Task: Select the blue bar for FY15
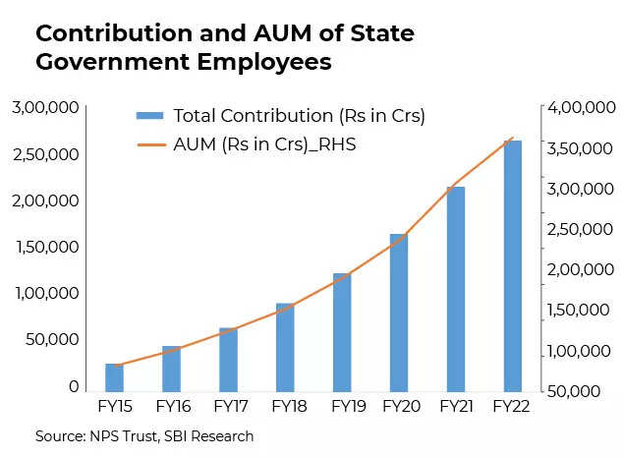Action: coord(115,377)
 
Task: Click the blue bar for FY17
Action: coord(228,360)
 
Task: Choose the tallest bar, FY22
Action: coord(512,266)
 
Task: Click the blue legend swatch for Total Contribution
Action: coord(149,116)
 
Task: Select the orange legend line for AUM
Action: coord(149,143)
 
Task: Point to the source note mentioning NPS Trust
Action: coord(144,435)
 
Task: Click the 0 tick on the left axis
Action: coord(74,386)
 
